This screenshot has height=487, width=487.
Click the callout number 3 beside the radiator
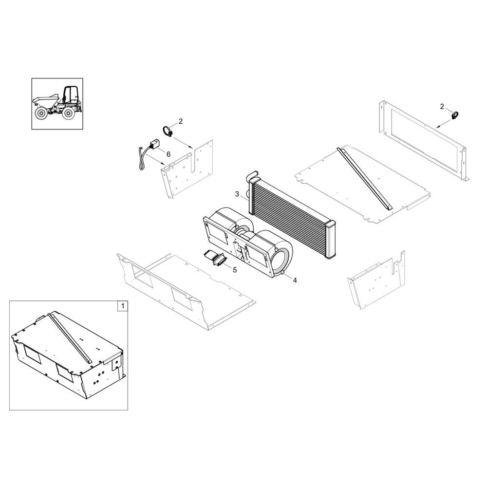[237, 194]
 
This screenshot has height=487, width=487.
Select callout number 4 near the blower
[294, 280]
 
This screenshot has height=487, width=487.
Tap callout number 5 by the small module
[234, 269]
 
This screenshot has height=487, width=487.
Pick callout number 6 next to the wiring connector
[169, 153]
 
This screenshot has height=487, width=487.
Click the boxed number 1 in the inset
[123, 306]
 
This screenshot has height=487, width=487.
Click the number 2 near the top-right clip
[442, 106]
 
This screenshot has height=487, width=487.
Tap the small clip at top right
[456, 115]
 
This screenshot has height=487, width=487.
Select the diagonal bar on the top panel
[365, 178]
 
